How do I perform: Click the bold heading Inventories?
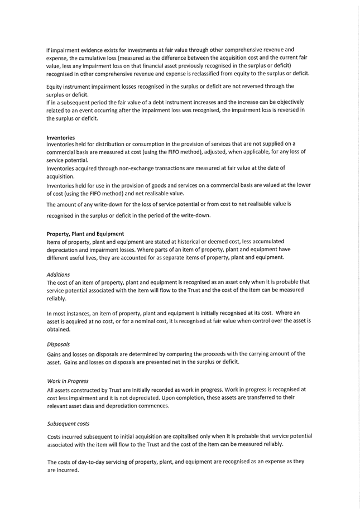tap(60, 137)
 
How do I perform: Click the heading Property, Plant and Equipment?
tap(85, 233)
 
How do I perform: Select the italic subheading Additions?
tap(59, 275)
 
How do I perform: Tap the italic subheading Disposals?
tap(59, 344)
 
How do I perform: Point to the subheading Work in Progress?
tap(68, 381)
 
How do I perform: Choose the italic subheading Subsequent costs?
tap(68, 424)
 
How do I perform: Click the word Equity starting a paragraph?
tap(55, 87)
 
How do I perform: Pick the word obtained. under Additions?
tap(59, 329)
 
